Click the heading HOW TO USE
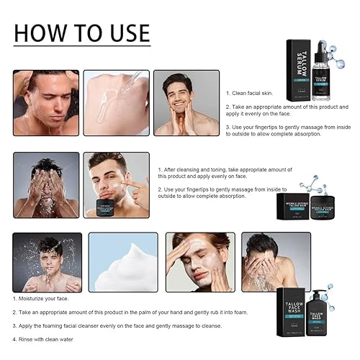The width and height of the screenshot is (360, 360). tap(82, 33)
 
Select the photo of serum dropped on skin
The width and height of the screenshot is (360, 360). tap(116, 102)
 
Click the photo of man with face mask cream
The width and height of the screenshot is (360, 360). tap(197, 261)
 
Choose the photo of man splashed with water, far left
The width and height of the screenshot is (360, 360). tap(46, 261)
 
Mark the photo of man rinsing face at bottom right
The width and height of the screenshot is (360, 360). tap(265, 261)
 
